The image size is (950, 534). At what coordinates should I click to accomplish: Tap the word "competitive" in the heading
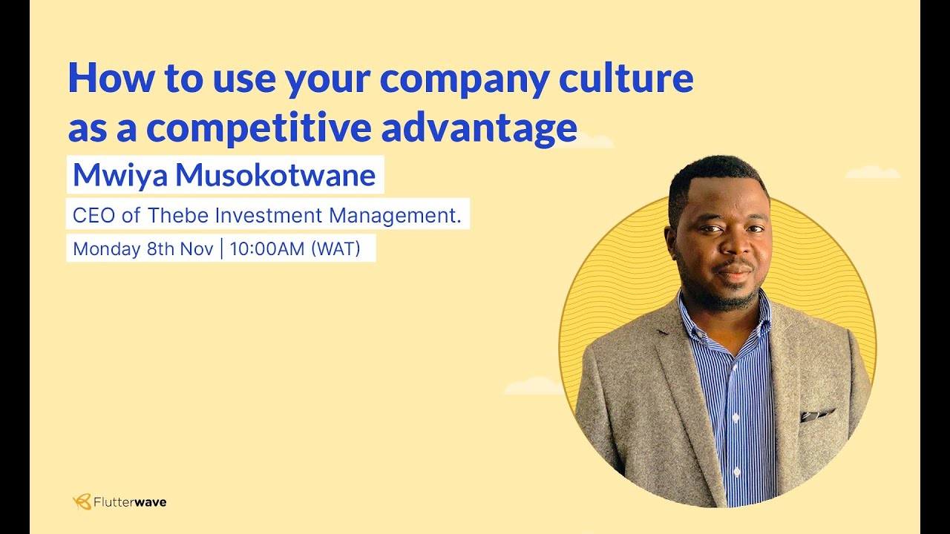(258, 128)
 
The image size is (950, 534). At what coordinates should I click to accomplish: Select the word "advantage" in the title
(479, 128)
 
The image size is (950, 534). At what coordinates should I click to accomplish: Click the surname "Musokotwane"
(275, 175)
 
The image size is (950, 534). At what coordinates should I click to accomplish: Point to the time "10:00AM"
(267, 249)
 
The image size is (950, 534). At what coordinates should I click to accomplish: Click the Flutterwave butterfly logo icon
(82, 502)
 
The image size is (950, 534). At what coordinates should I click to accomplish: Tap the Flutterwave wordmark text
(130, 502)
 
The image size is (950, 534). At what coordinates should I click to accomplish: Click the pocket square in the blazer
(816, 414)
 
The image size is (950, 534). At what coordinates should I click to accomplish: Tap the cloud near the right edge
(872, 172)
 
